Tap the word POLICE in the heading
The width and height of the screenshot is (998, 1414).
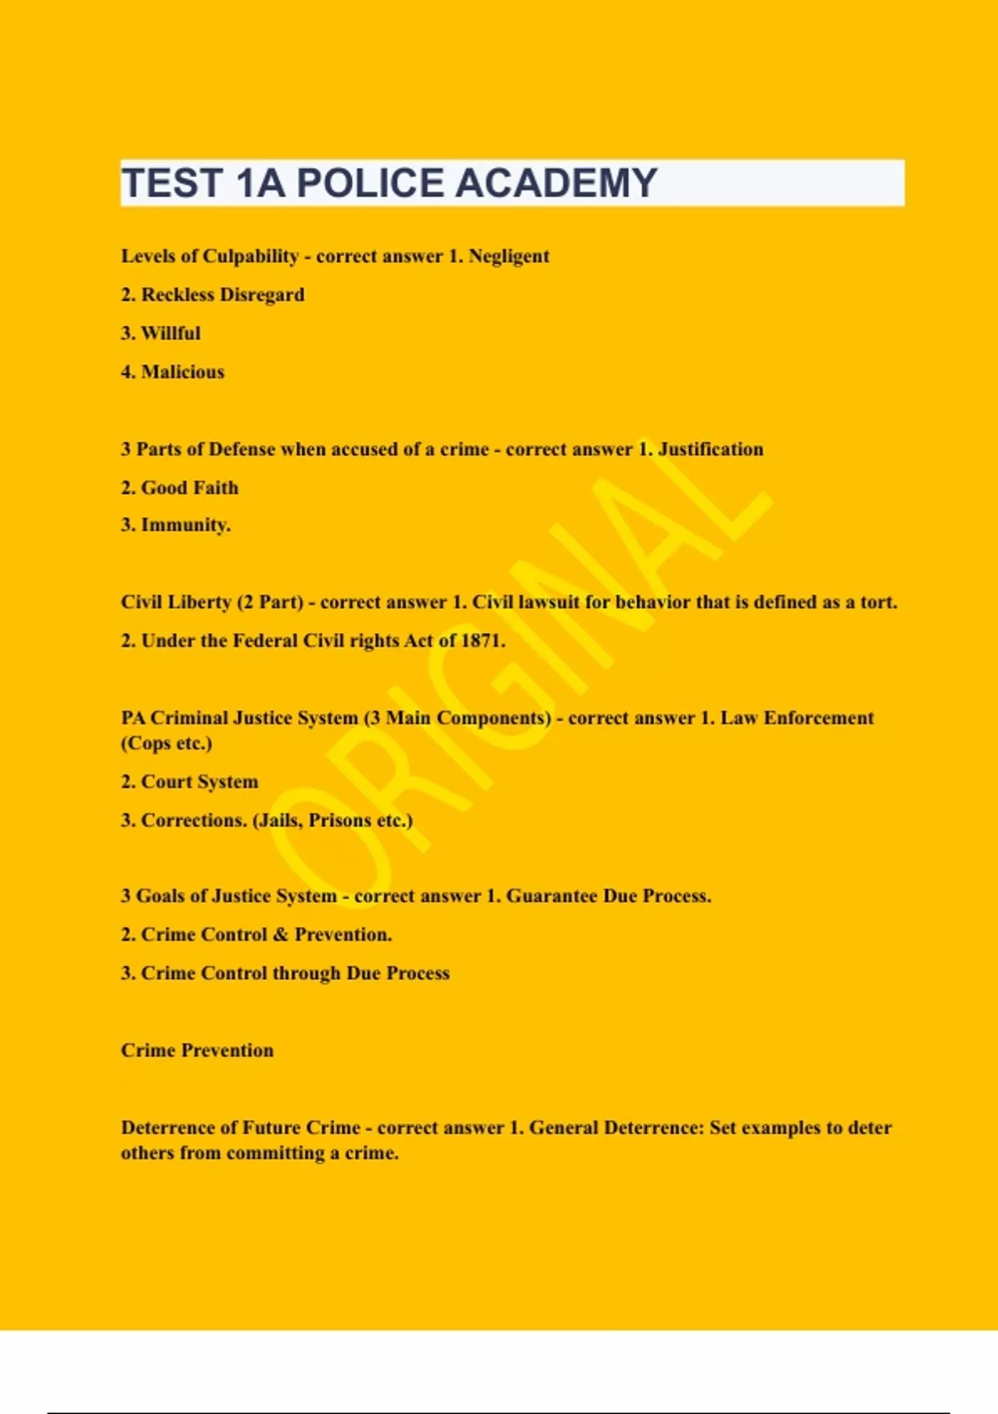tap(370, 183)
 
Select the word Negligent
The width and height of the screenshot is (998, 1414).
tap(508, 256)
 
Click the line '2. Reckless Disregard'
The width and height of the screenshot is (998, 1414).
tap(213, 294)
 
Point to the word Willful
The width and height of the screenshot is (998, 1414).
tap(170, 333)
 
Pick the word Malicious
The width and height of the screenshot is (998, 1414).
tap(182, 372)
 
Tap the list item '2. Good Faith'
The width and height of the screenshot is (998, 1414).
tap(180, 487)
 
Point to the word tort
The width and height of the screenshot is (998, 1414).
tap(877, 602)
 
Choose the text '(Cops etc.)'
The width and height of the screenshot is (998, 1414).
tap(166, 743)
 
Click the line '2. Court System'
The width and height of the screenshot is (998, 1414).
tap(190, 782)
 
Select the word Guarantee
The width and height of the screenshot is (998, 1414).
tap(551, 896)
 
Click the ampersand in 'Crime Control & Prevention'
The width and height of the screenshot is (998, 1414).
tap(280, 935)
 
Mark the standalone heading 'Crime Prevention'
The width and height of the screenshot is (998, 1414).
tap(197, 1051)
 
